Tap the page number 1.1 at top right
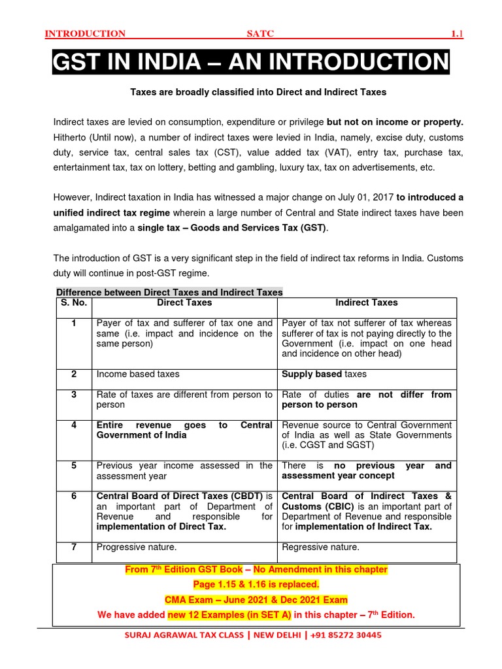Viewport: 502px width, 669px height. (457, 33)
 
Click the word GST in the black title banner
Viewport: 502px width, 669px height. (81, 63)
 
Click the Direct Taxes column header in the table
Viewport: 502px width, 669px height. (184, 302)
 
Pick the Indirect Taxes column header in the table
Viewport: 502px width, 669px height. (366, 302)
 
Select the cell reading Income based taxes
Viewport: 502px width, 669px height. (137, 374)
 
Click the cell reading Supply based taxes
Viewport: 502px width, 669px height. (324, 374)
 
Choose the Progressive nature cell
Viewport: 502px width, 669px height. (137, 547)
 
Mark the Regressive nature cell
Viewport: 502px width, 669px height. (320, 547)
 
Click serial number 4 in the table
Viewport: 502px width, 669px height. (74, 425)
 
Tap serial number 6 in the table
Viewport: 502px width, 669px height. (74, 496)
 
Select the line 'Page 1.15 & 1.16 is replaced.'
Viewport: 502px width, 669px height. (256, 585)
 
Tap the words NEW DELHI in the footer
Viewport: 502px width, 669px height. (270, 635)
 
